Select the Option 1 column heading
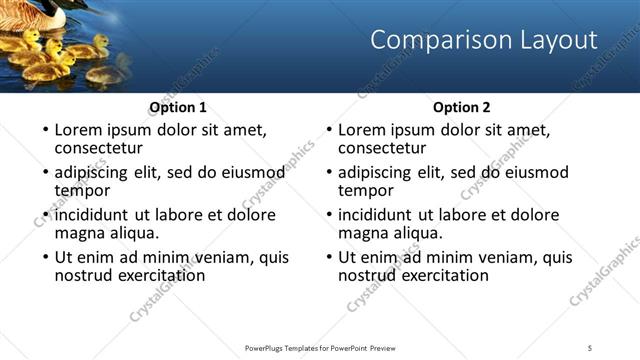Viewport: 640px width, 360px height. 178,107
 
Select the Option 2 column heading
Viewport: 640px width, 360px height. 462,107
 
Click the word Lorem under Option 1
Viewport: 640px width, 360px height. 79,130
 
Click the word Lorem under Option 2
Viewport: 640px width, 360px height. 363,130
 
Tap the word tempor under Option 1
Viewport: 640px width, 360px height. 82,191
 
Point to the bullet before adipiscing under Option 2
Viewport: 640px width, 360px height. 328,173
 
